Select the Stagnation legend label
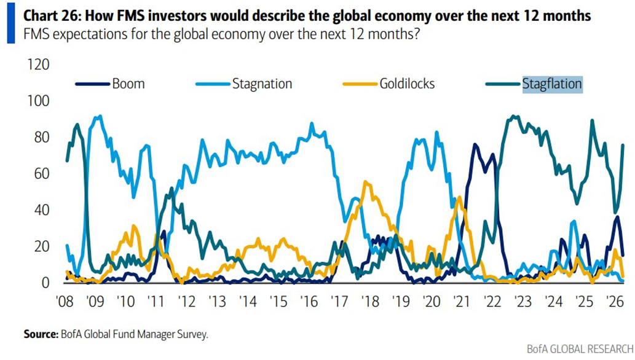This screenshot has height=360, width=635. click(262, 84)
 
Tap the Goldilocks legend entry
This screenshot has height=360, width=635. click(406, 84)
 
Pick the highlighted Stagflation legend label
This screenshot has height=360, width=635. click(551, 84)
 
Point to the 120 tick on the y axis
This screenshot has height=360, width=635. click(39, 65)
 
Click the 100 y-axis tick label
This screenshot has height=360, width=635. click(39, 101)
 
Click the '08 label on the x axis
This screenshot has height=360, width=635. click(66, 302)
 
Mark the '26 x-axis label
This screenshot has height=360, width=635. click(613, 302)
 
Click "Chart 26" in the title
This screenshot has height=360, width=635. click(51, 16)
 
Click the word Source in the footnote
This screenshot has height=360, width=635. click(41, 334)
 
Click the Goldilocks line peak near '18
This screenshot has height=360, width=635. click(366, 182)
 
